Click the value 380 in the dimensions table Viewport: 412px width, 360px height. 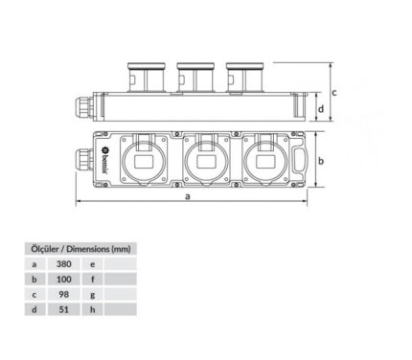pos(63,264)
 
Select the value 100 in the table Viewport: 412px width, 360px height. pos(63,280)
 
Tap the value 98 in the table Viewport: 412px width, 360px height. pos(63,294)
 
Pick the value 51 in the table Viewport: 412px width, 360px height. pos(63,309)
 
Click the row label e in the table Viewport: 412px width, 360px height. pos(93,264)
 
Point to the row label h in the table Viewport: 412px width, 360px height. pos(93,309)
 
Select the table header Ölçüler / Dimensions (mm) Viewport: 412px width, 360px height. pos(80,249)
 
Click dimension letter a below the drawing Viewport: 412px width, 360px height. pos(188,196)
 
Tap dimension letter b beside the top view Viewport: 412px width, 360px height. pos(321,161)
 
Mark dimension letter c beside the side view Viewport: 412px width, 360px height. pos(334,93)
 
